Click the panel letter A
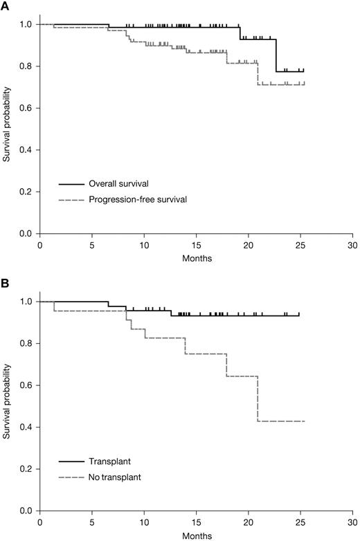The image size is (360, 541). click(6, 6)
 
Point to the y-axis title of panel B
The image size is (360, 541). click(8, 406)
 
